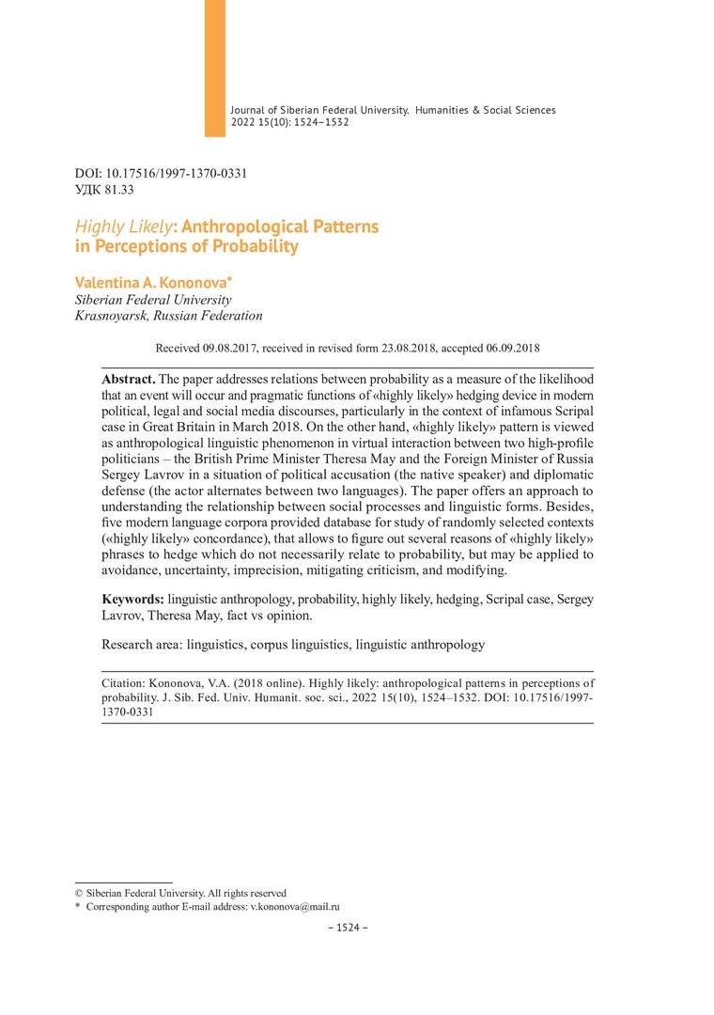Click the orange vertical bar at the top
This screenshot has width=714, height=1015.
click(215, 68)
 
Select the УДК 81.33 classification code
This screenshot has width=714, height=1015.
click(104, 190)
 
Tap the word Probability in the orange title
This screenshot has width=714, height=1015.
click(249, 247)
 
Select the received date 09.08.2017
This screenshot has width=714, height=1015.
click(229, 348)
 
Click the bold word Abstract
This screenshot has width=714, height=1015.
click(129, 379)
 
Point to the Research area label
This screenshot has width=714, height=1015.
click(142, 645)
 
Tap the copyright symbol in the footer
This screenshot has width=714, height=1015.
click(79, 893)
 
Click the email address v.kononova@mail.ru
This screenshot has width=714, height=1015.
click(294, 907)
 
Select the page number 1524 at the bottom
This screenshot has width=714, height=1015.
click(348, 928)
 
